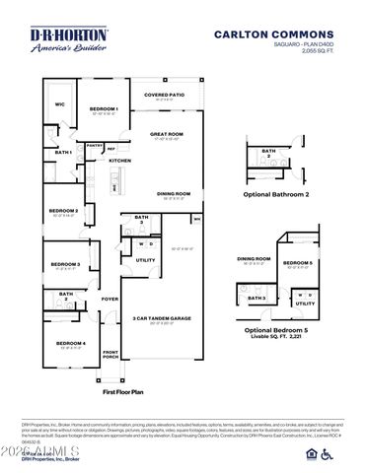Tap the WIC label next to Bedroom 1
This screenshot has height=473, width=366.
(59, 103)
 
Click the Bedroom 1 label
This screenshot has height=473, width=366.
(104, 109)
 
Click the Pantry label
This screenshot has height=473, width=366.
(95, 145)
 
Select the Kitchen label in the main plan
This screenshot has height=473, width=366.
(120, 160)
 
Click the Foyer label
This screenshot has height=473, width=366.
(110, 299)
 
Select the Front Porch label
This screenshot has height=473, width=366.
(110, 354)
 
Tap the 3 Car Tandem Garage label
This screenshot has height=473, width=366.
(161, 317)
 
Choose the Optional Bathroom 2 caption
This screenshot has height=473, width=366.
(275, 194)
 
